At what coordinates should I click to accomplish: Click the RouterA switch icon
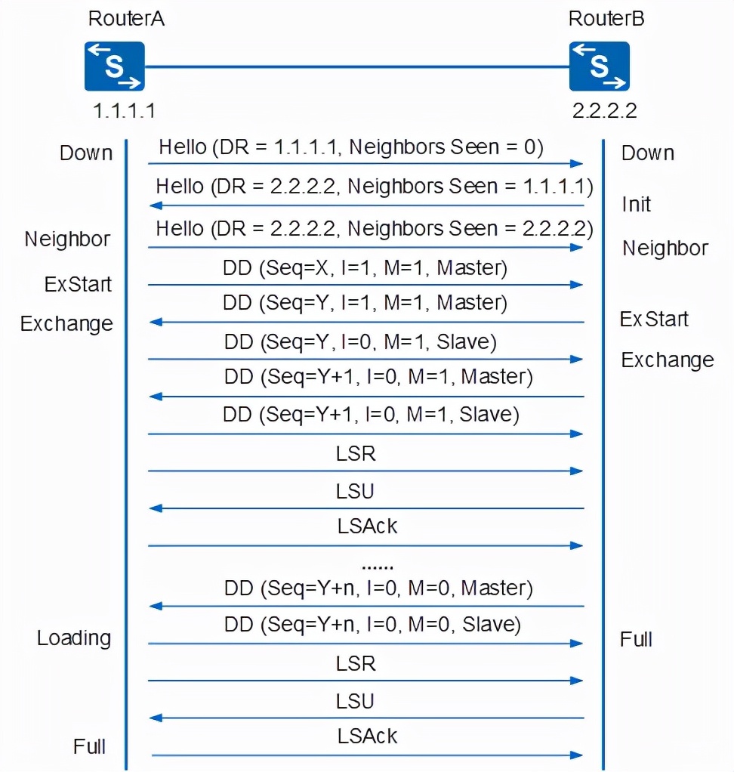pyautogui.click(x=114, y=66)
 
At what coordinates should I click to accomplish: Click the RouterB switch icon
pyautogui.click(x=600, y=66)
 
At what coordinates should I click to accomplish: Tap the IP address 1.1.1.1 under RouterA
pyautogui.click(x=124, y=111)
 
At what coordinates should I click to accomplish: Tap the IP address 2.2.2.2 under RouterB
pyautogui.click(x=605, y=111)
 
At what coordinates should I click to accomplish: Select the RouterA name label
pyautogui.click(x=126, y=18)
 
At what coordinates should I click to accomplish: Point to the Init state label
pyautogui.click(x=636, y=204)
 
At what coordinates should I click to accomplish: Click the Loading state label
pyautogui.click(x=74, y=638)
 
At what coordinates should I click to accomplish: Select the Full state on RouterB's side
pyautogui.click(x=636, y=640)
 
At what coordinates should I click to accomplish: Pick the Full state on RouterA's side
pyautogui.click(x=89, y=747)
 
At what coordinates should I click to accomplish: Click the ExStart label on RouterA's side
pyautogui.click(x=78, y=285)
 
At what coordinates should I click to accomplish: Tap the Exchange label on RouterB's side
pyautogui.click(x=667, y=360)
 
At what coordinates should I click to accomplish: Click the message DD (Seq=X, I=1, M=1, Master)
pyautogui.click(x=365, y=267)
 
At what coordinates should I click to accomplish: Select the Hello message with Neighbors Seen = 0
pyautogui.click(x=350, y=147)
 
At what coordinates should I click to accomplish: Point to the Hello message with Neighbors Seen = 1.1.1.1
pyautogui.click(x=375, y=186)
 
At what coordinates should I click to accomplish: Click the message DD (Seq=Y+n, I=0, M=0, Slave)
pyautogui.click(x=372, y=625)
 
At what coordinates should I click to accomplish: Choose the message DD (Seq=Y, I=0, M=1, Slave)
pyautogui.click(x=360, y=342)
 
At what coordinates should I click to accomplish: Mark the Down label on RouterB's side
pyautogui.click(x=647, y=153)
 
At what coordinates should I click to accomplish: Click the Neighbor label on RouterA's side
pyautogui.click(x=67, y=239)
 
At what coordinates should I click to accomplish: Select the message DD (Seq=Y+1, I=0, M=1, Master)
pyautogui.click(x=378, y=376)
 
